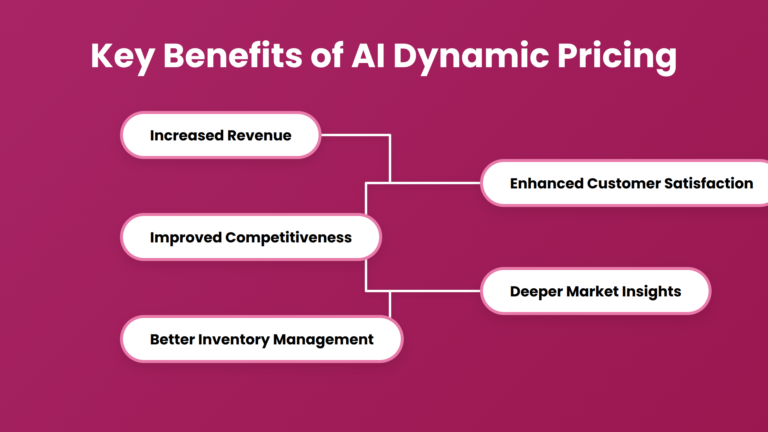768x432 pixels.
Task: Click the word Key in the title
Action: point(122,56)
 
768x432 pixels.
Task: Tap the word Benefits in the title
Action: point(232,56)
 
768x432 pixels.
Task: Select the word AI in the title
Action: point(368,56)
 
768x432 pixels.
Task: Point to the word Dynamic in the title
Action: point(471,56)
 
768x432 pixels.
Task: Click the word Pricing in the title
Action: point(617,56)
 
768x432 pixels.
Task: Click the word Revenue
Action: point(259,136)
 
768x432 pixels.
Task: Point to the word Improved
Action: point(186,238)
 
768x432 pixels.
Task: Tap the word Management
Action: point(323,340)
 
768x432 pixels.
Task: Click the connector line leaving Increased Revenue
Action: point(355,135)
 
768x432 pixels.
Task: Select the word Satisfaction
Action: point(709,183)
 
